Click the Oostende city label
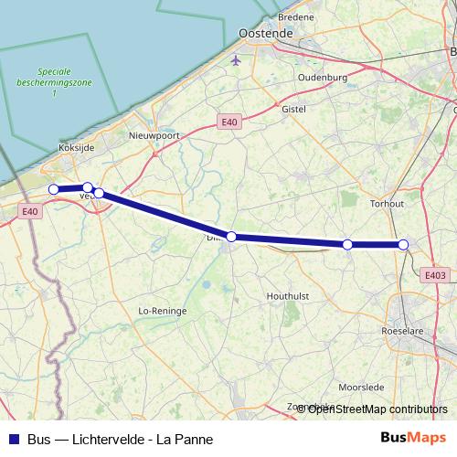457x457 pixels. point(264,33)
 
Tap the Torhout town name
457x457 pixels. point(386,204)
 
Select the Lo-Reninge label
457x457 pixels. point(162,311)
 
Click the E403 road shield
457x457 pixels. point(435,274)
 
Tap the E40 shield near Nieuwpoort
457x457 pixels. point(228,122)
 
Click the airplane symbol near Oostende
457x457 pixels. point(237,60)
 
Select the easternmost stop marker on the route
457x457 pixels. point(403,244)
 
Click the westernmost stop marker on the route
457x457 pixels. point(54,189)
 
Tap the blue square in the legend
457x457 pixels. point(13,439)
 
